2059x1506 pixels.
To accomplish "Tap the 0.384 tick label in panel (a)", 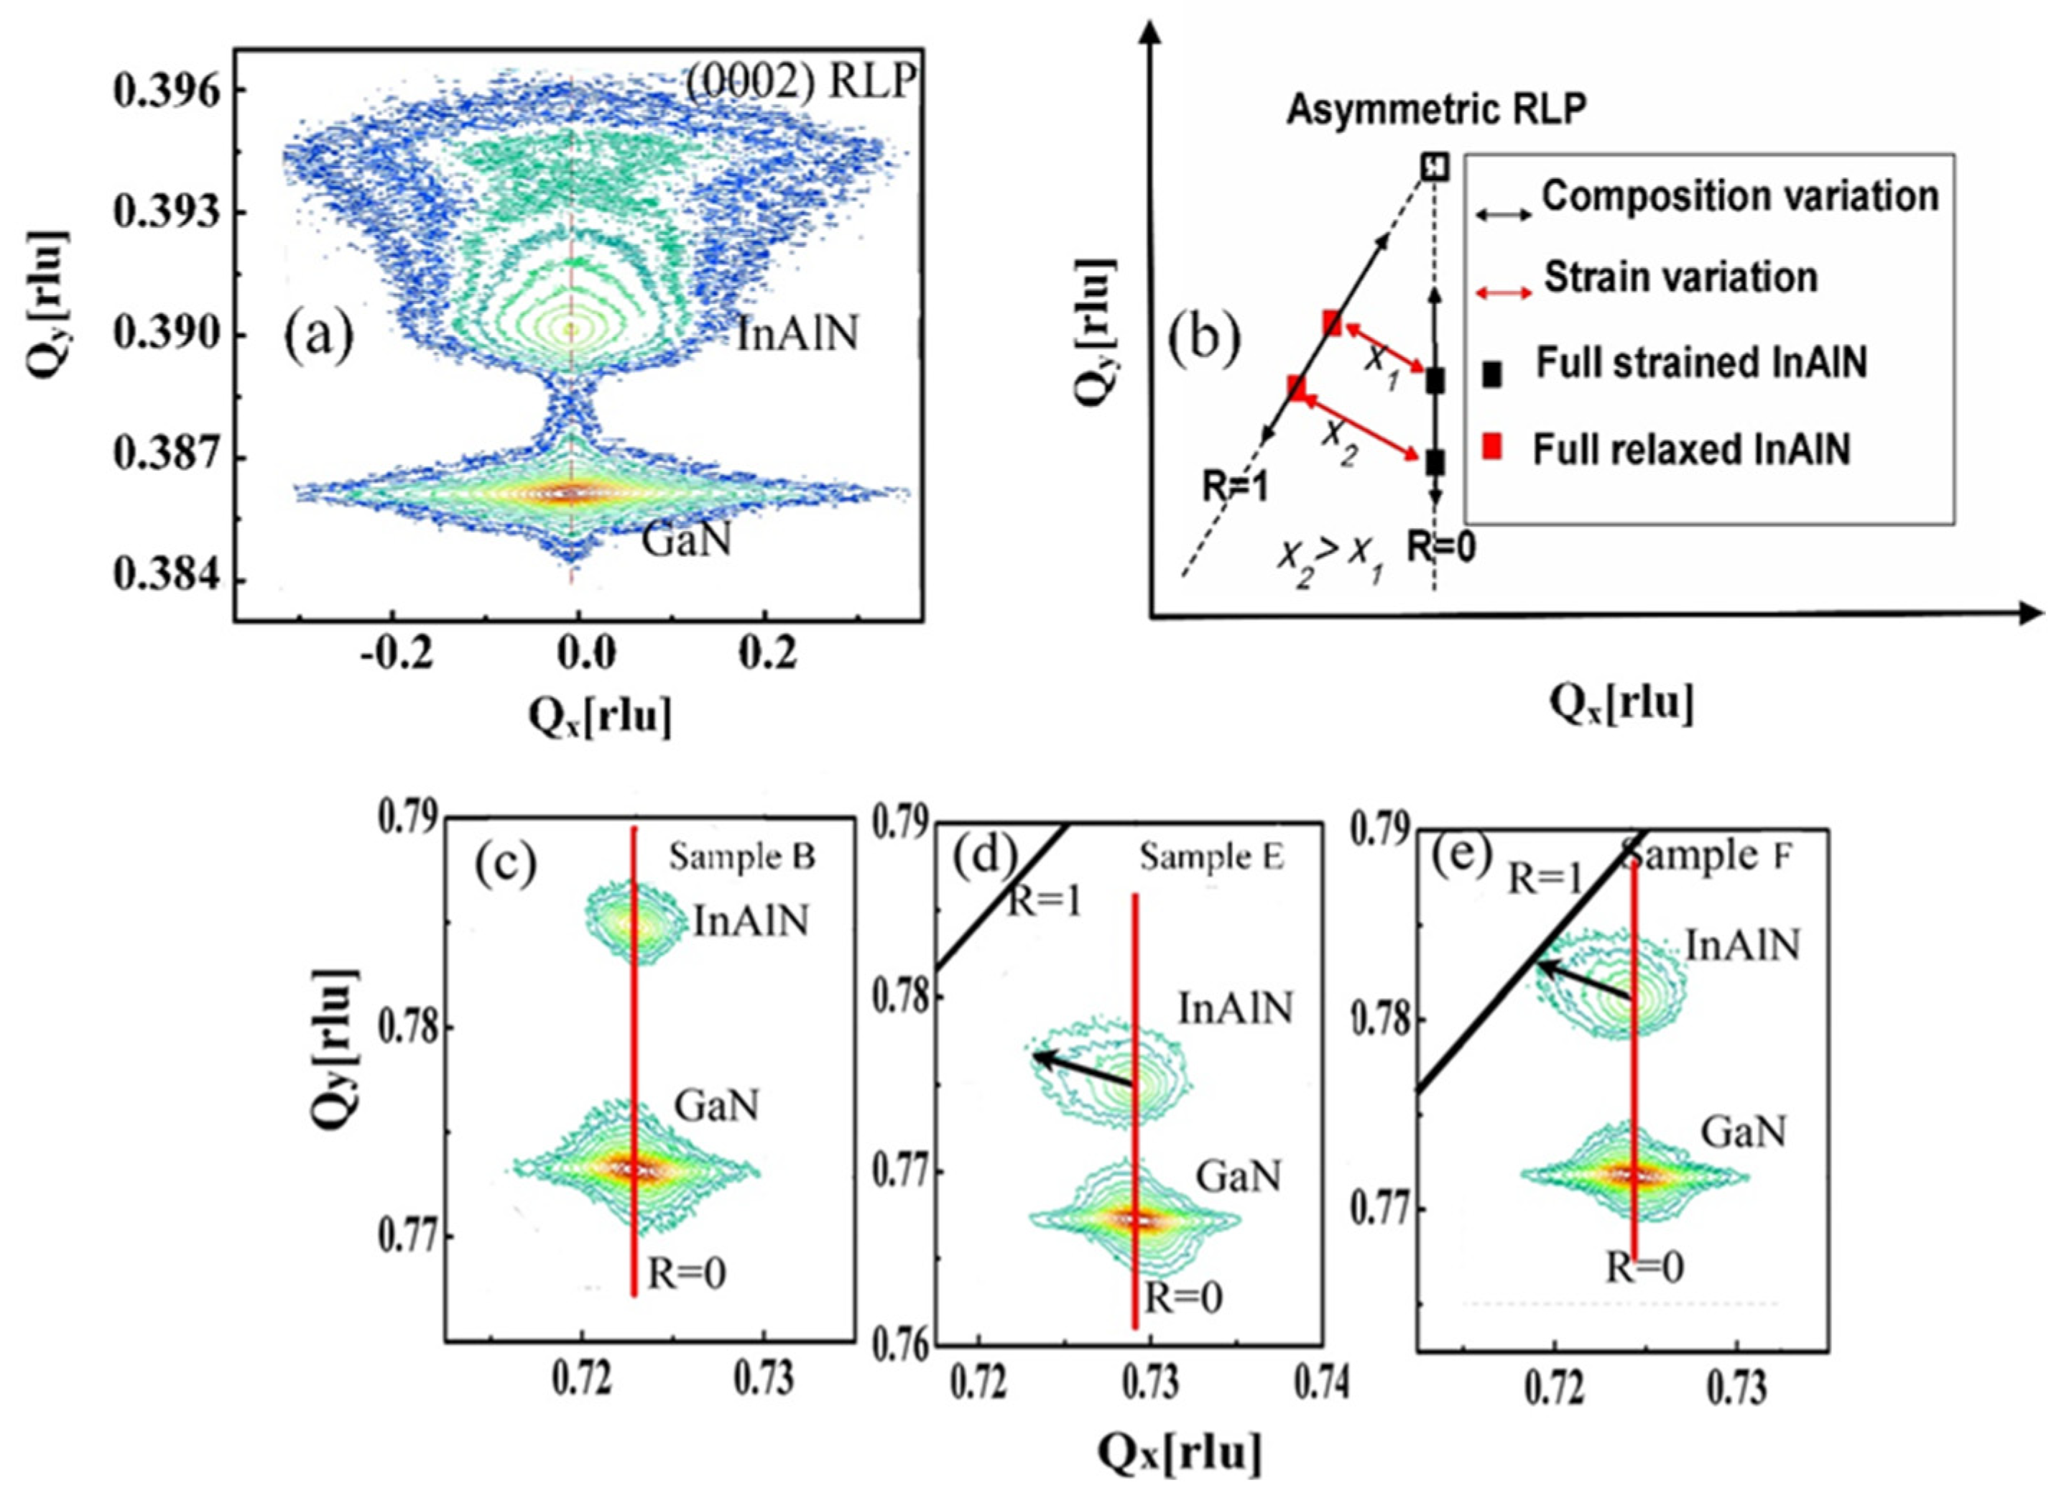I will tap(167, 576).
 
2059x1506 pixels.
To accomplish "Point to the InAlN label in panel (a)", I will tap(797, 335).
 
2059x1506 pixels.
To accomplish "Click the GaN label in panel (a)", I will tap(686, 540).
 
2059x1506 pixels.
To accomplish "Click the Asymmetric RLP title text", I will tap(1435, 109).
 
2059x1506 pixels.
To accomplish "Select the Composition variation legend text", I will tap(1740, 197).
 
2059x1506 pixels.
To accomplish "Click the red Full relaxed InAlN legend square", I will tap(1491, 448).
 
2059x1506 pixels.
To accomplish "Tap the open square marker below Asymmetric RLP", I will tap(1435, 167).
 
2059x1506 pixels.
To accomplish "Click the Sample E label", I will tap(1211, 857).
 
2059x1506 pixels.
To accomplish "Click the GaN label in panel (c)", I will tap(716, 1107).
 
